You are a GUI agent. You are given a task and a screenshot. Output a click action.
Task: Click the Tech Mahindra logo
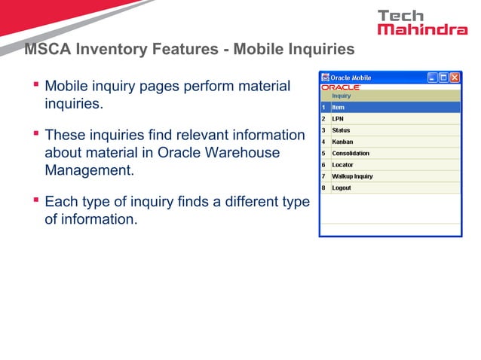coord(421,22)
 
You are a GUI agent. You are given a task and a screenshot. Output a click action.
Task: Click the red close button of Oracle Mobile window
coord(455,78)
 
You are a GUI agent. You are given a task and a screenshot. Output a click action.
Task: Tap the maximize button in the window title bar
coord(444,78)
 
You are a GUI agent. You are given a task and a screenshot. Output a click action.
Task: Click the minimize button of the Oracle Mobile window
coord(433,78)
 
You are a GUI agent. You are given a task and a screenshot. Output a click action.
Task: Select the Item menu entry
coord(339,107)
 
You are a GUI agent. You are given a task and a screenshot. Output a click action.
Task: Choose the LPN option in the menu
coord(339,118)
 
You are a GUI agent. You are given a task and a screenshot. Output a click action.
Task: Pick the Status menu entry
coord(342,130)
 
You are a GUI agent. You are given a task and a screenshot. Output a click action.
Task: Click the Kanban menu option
coord(343,142)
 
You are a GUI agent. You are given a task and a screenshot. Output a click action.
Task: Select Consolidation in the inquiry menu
coord(351,153)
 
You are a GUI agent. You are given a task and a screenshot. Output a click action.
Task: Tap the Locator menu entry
coord(343,164)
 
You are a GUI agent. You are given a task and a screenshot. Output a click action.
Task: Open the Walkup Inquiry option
coord(352,176)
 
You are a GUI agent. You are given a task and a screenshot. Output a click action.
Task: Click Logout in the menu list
coord(342,188)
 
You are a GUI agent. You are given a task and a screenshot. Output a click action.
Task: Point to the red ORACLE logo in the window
coord(341,87)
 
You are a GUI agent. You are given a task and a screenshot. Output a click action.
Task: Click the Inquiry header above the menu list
coord(342,96)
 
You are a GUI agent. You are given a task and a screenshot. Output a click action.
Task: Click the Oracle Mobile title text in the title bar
coord(351,78)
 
